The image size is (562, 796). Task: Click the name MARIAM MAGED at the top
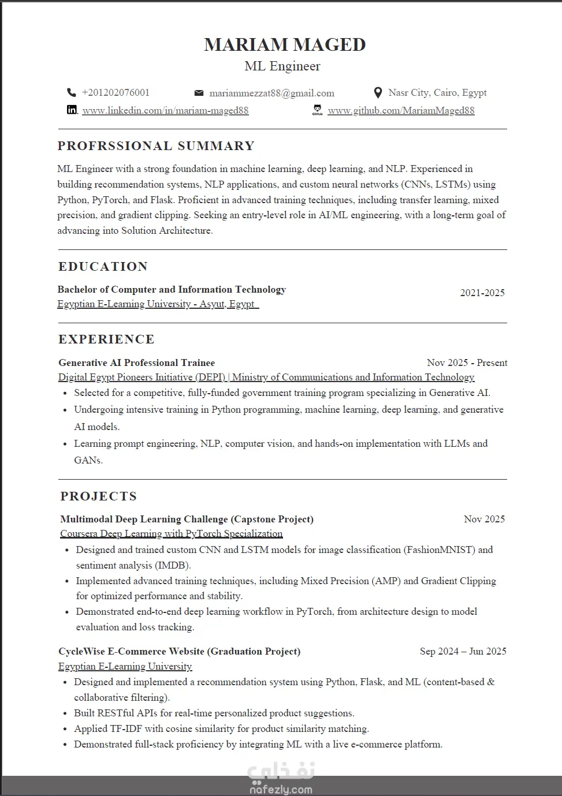coord(285,44)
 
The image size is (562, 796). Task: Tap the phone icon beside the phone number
coord(72,92)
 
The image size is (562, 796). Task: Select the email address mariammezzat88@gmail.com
coord(271,93)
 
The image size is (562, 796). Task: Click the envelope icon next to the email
coord(199,93)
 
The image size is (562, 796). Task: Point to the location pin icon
coord(378,92)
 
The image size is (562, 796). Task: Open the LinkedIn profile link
coord(165,110)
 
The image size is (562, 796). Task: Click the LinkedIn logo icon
coord(72,110)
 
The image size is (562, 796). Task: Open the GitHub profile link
coord(401,110)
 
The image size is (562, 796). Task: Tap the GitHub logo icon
coord(317,110)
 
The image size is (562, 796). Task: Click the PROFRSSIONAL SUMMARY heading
coord(156,146)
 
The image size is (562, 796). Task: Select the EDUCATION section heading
coord(103,267)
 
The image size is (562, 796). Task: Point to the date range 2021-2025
coord(482,293)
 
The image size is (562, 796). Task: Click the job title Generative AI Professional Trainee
coord(136,363)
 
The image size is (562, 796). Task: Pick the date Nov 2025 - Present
coord(467,363)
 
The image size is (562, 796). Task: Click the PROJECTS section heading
coord(99,496)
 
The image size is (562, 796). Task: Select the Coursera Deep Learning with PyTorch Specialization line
coord(172,533)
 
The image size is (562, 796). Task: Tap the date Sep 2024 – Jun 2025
coord(463,651)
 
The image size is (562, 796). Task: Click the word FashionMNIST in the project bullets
coord(440,550)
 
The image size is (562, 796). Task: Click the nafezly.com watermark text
coord(281,789)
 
